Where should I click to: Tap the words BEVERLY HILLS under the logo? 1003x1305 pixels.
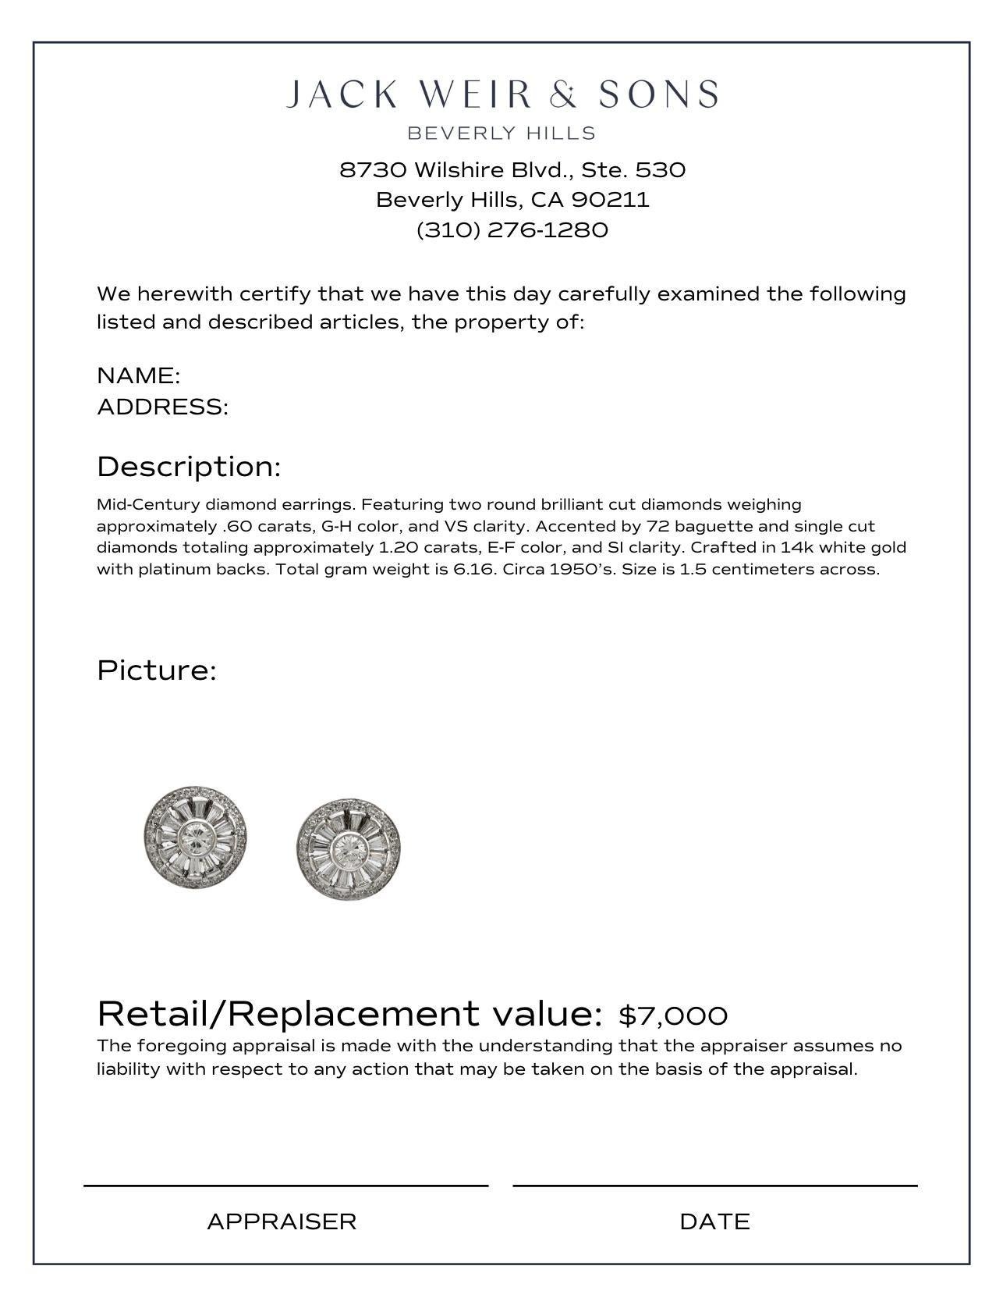(501, 133)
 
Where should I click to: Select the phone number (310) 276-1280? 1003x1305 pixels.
(512, 230)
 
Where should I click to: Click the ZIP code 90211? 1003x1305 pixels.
(610, 200)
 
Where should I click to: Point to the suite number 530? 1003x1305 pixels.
(660, 170)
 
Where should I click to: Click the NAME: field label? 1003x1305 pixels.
(139, 375)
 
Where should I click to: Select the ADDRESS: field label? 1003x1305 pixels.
(162, 407)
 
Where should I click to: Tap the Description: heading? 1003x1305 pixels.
(189, 467)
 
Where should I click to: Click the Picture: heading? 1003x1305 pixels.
(157, 670)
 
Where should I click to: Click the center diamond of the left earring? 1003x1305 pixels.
(196, 839)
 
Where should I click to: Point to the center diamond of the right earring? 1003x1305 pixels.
(349, 849)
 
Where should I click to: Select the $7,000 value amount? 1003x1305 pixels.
(673, 1015)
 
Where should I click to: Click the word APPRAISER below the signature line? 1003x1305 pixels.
(282, 1221)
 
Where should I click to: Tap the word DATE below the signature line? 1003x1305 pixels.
(714, 1221)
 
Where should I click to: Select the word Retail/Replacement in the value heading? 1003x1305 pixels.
(288, 1014)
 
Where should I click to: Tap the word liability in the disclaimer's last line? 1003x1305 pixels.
(128, 1069)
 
